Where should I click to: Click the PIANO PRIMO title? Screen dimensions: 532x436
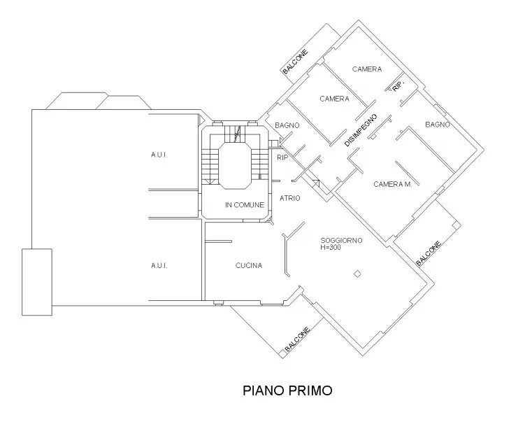(287, 391)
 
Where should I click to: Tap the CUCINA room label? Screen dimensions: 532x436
(249, 265)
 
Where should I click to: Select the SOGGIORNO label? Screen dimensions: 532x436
(341, 241)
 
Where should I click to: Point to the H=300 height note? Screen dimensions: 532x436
(331, 248)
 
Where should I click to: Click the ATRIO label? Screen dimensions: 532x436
(289, 198)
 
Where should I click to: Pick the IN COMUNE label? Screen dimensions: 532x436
(245, 205)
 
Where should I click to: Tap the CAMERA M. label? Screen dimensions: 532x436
(393, 184)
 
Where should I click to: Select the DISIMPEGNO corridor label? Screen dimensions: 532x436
(361, 130)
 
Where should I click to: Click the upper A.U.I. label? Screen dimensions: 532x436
(159, 155)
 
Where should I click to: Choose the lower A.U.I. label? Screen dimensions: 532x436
(159, 265)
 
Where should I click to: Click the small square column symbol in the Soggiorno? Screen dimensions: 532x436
(357, 274)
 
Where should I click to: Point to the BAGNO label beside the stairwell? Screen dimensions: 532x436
(287, 125)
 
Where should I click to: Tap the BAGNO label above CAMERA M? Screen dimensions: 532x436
(438, 125)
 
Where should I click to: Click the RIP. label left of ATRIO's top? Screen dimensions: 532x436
(283, 158)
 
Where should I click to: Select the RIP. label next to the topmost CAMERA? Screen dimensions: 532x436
(399, 86)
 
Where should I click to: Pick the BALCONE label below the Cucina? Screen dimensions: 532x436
(297, 339)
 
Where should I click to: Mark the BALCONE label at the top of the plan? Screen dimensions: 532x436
(295, 62)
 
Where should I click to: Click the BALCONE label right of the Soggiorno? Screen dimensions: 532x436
(429, 253)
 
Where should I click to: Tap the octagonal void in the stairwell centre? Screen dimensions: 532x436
(235, 165)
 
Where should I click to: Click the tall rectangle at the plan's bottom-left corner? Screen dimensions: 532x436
(37, 282)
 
